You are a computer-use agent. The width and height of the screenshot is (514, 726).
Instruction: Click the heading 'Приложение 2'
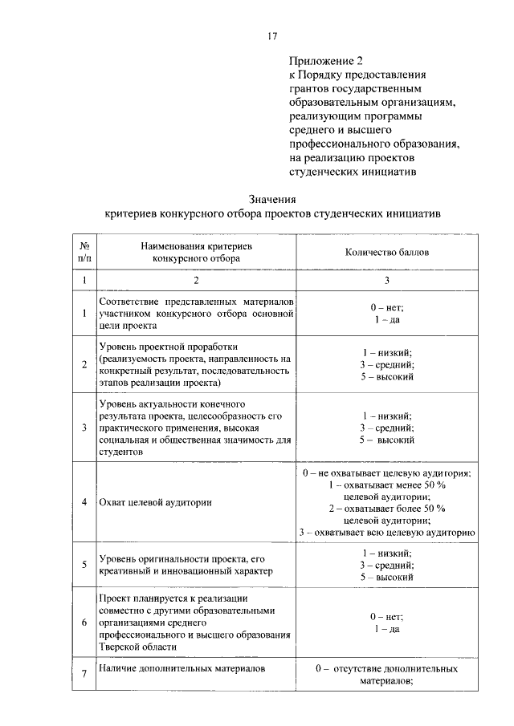(321, 61)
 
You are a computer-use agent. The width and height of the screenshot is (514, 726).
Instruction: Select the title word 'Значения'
(272, 201)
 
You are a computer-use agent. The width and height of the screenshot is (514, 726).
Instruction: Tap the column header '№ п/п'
(84, 252)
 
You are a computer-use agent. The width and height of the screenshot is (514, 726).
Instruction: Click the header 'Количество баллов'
(387, 252)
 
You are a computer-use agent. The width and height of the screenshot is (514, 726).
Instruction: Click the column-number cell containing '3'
(387, 281)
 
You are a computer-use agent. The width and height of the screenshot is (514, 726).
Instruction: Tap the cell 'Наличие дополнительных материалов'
(182, 667)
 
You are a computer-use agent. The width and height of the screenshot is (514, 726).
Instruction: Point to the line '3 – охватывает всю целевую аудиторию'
(387, 531)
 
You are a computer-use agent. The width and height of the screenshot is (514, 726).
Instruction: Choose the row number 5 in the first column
(84, 564)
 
